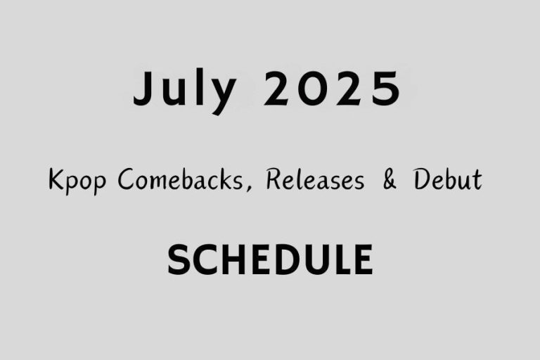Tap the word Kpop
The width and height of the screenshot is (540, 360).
[78, 182]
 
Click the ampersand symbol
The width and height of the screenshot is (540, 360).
[389, 181]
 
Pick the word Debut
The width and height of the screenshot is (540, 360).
[447, 181]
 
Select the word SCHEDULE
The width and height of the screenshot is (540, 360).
[270, 259]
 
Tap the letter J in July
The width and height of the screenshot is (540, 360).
[143, 90]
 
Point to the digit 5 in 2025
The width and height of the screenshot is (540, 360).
[385, 90]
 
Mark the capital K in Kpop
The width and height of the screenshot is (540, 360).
[56, 181]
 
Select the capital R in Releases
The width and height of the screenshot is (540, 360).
[274, 181]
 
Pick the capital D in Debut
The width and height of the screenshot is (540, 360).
[420, 181]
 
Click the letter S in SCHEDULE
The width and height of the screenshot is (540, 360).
[179, 259]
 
